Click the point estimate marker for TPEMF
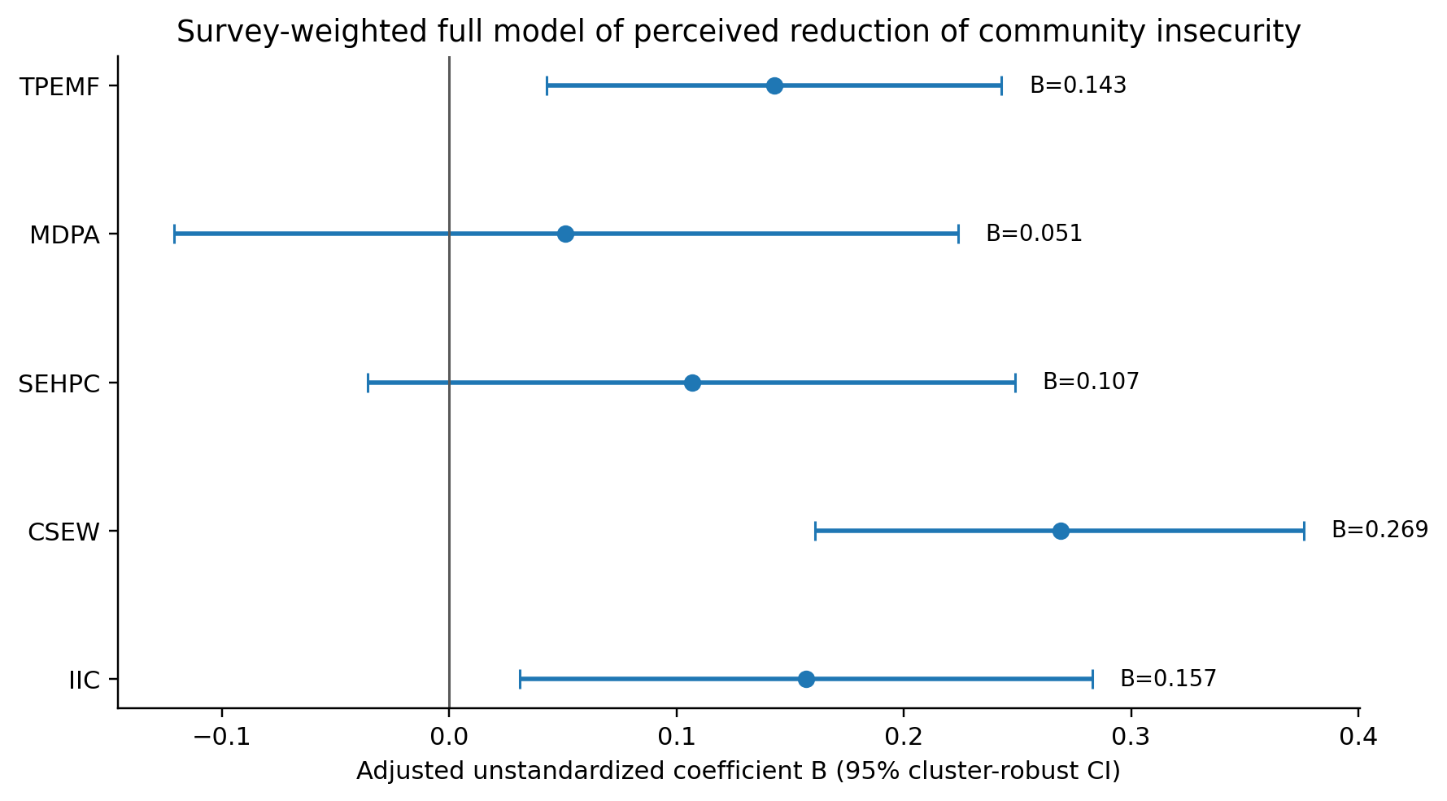pos(774,85)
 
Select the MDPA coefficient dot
pos(565,234)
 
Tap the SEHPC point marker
pos(692,383)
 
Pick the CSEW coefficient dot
pos(1061,531)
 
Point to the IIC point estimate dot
pos(806,679)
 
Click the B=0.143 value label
pos(1078,85)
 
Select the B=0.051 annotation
pos(1034,234)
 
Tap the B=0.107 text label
pos(1091,382)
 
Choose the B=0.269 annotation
pos(1379,530)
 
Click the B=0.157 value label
pos(1168,678)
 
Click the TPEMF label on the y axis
pos(59,87)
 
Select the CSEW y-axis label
pos(63,532)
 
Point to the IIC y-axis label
pos(84,681)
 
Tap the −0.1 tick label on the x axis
pos(221,737)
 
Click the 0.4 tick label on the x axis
pos(1358,737)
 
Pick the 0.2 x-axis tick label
pos(903,737)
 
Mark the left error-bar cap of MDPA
pos(174,234)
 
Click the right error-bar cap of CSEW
pos(1304,531)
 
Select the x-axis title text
pos(739,772)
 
